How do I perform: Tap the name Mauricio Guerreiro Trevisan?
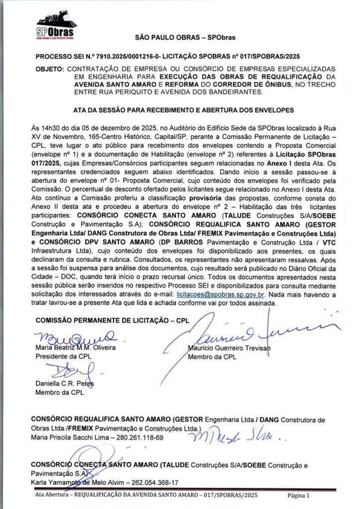pos(229,348)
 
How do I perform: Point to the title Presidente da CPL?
pos(63,356)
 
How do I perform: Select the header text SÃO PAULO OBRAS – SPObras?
pos(185,37)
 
